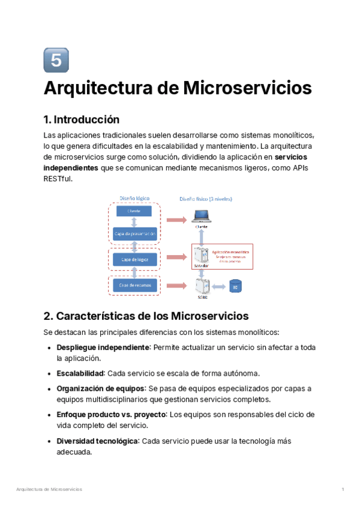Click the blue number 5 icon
[56, 60]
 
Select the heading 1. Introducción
[82, 119]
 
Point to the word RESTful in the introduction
[58, 178]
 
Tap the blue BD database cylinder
[235, 287]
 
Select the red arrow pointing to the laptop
[176, 220]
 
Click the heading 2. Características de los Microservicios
[146, 316]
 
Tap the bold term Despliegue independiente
[103, 348]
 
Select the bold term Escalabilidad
[80, 373]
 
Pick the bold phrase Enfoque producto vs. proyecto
[111, 415]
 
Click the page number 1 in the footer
[343, 490]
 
